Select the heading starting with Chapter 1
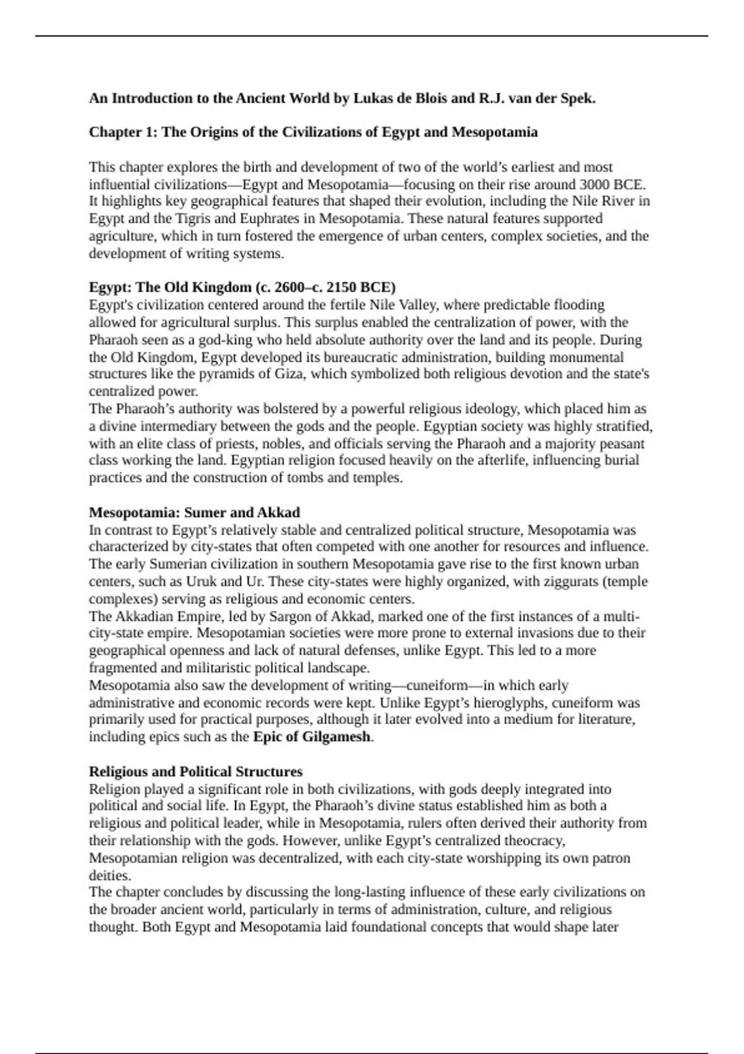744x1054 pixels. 313,133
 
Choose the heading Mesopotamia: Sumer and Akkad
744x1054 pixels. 194,513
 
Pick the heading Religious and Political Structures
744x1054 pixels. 195,772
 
